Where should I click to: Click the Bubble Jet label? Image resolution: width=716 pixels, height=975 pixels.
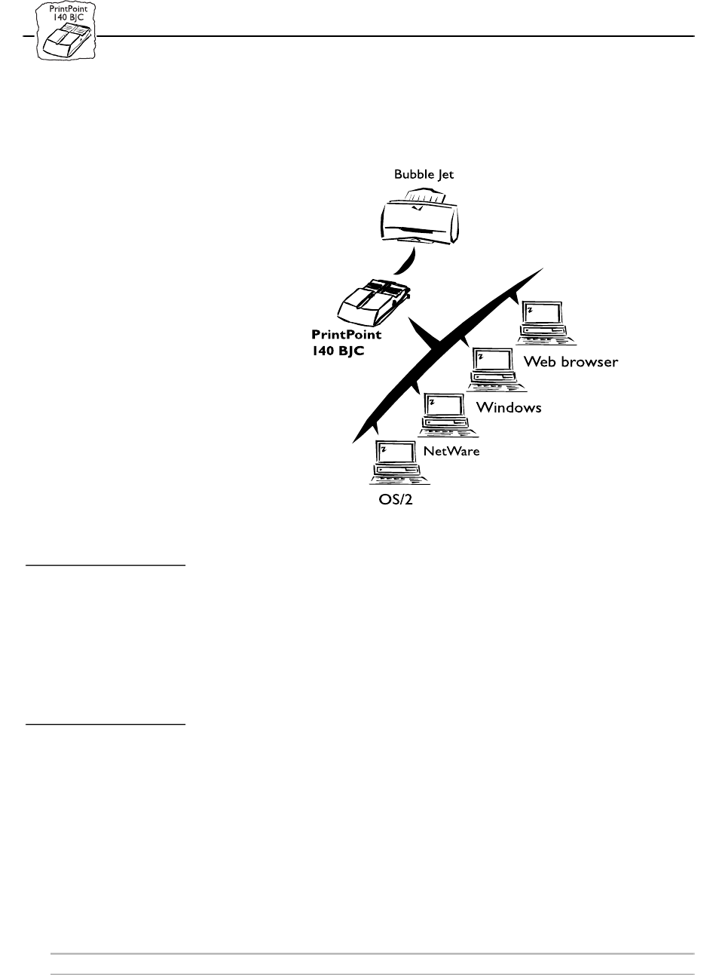[424, 174]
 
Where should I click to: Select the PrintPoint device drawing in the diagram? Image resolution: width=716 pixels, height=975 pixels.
[373, 302]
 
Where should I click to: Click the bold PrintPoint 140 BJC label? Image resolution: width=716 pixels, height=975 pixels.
[346, 342]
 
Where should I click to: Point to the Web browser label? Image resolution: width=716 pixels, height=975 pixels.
[571, 362]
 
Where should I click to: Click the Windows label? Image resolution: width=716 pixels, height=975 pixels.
[509, 407]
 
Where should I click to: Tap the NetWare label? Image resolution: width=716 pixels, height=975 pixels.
[451, 451]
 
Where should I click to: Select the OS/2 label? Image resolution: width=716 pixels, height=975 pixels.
[396, 499]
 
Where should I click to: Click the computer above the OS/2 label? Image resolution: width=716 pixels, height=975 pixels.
[399, 462]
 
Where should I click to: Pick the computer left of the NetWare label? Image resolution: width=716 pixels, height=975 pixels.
[448, 415]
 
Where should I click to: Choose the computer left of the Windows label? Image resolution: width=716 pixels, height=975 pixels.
[497, 369]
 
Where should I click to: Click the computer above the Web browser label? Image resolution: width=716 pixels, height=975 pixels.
[546, 323]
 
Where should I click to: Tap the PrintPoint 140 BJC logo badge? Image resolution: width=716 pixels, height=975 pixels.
[66, 30]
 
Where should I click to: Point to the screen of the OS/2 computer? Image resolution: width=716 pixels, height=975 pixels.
[396, 452]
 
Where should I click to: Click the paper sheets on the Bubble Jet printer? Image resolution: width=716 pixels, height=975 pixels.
[426, 196]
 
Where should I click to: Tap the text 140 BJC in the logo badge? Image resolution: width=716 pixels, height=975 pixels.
[69, 17]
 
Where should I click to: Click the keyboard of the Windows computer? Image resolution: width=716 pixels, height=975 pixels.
[497, 387]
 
